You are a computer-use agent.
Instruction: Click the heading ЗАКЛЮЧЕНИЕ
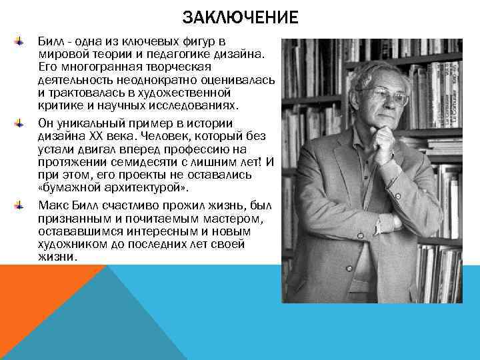coord(240,17)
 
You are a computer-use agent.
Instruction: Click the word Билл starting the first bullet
coord(49,41)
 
